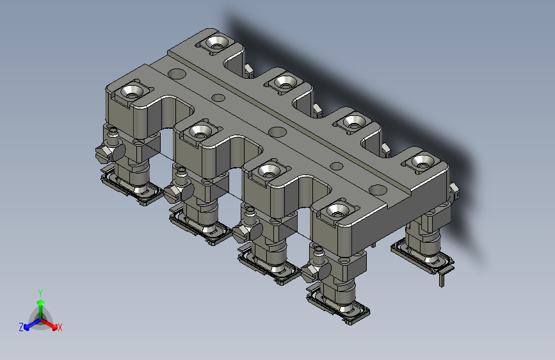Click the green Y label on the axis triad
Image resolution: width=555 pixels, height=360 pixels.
coord(40,293)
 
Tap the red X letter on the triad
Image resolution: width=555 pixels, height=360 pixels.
coord(60,328)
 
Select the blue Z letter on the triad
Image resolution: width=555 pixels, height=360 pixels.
coord(21,327)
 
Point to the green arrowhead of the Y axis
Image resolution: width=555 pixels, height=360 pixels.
coord(41,303)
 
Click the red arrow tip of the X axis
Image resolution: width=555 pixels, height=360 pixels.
coord(54,327)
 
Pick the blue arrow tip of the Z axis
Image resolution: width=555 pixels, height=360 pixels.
coord(27,327)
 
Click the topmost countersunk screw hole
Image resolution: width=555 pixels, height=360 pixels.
coord(217,42)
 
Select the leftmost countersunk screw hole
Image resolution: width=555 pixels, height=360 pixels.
coord(132,92)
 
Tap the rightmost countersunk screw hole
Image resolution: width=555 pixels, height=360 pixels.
coord(422,161)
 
